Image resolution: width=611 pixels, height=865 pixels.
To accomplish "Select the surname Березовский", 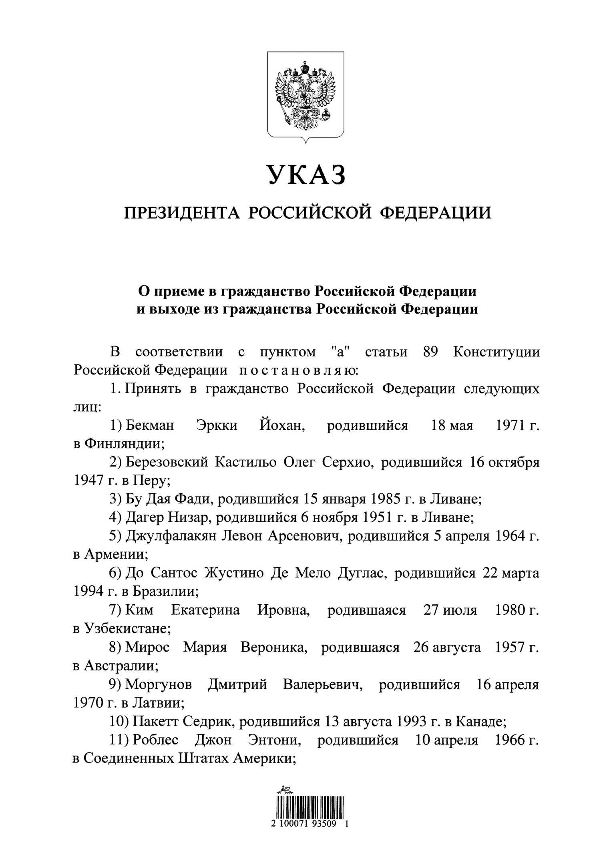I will point(167,463).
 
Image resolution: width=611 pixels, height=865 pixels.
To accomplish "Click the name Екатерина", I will point(205,610).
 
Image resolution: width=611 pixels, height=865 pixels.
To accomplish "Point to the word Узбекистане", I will point(127,629).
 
